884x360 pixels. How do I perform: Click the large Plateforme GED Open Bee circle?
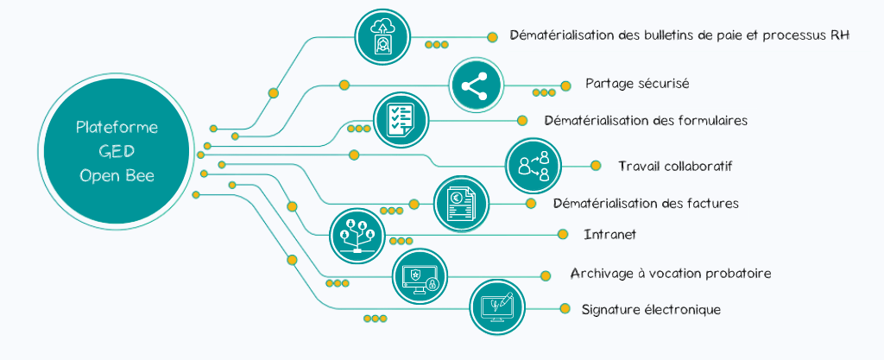point(117,151)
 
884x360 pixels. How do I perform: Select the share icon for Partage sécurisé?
point(476,85)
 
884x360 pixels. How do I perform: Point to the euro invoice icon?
point(460,204)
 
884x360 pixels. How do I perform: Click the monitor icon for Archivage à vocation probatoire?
point(420,277)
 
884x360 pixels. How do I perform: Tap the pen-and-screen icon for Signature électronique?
point(497,306)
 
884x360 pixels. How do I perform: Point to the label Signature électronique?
point(651,309)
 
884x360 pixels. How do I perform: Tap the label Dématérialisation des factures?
point(646,204)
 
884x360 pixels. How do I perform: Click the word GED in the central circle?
point(117,151)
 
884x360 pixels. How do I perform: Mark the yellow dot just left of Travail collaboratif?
point(595,166)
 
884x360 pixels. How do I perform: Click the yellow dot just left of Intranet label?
point(563,234)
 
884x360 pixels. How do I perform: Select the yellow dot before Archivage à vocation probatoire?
point(546,276)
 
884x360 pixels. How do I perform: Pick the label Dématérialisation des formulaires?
point(646,120)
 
